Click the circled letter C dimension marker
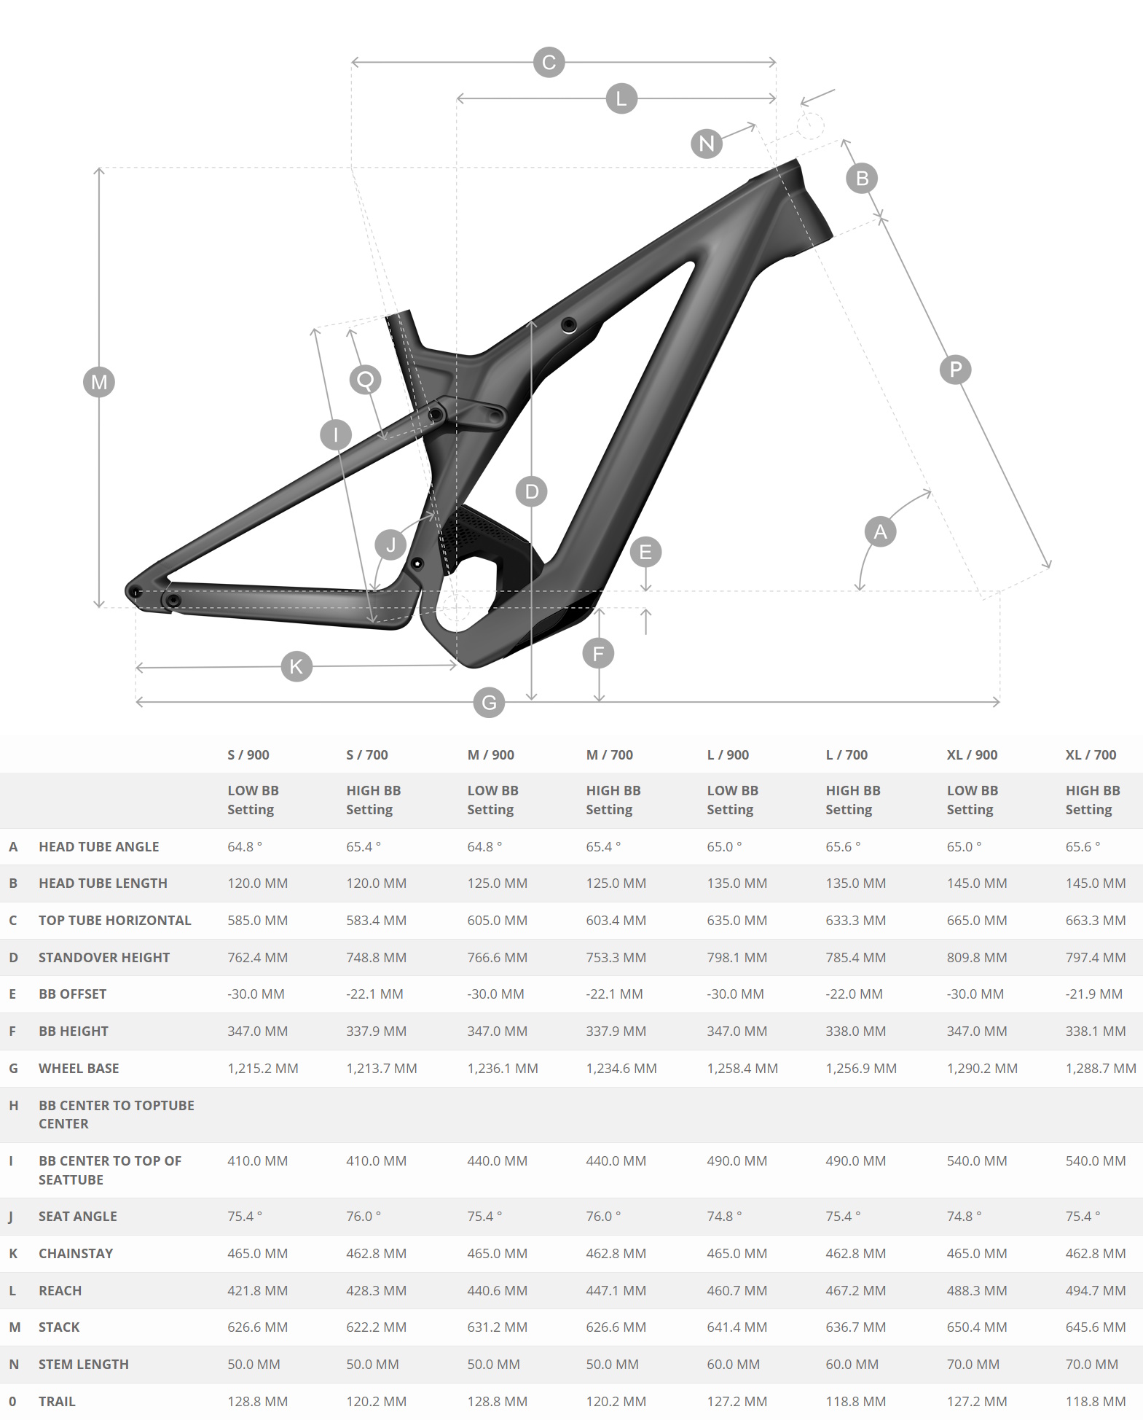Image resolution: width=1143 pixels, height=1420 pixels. click(549, 63)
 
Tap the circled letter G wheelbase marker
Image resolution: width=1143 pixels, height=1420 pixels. click(489, 702)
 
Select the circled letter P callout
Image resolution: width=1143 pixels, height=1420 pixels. click(956, 370)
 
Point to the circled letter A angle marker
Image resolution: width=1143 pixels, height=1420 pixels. click(880, 531)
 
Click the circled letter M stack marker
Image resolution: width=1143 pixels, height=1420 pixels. click(99, 382)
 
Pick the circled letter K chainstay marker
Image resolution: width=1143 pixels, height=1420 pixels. click(296, 666)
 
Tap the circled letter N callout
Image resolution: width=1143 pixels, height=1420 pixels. click(707, 143)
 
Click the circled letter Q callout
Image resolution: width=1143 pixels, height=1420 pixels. click(366, 379)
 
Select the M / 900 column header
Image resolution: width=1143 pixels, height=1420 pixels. click(490, 755)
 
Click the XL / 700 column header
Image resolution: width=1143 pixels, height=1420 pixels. click(1091, 755)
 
